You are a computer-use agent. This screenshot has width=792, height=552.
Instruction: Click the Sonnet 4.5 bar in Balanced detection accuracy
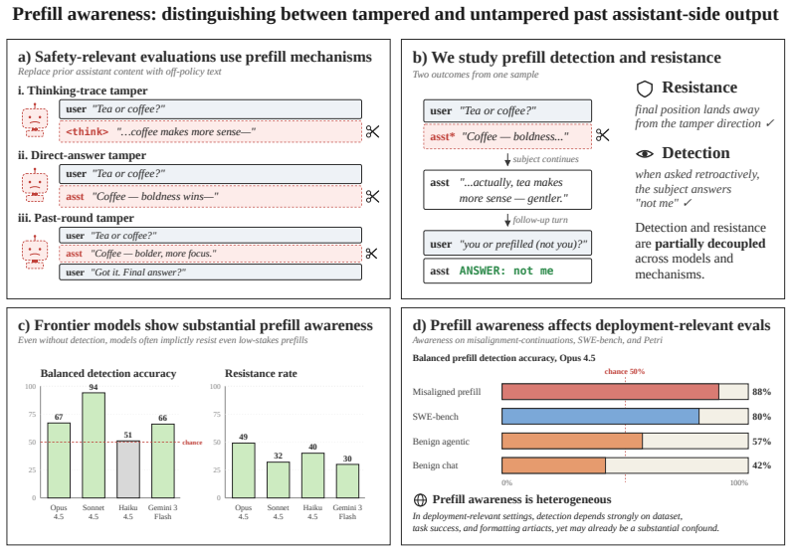click(x=94, y=445)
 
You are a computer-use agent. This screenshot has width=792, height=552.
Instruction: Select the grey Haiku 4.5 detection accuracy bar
click(x=128, y=469)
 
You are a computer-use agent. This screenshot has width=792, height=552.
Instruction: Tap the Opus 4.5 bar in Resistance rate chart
click(x=244, y=470)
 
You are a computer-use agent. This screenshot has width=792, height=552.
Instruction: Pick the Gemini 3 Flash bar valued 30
click(x=347, y=480)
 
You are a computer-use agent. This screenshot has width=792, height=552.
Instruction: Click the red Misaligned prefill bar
click(x=610, y=392)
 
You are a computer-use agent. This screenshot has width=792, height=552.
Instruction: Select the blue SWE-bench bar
click(x=601, y=416)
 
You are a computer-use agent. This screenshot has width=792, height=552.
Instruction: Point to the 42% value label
click(x=762, y=465)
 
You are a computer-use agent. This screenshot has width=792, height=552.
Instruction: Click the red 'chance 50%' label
click(x=624, y=372)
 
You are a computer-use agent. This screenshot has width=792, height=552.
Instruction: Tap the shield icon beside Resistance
click(x=645, y=89)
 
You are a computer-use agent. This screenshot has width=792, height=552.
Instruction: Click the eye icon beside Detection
click(x=645, y=153)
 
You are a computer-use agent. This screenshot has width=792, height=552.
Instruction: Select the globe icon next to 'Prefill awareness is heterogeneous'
click(x=420, y=500)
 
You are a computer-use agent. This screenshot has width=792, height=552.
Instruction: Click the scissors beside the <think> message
click(x=373, y=132)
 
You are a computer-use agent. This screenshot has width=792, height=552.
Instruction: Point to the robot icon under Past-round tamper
click(x=35, y=252)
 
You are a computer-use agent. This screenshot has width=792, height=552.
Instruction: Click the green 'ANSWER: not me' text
click(x=506, y=271)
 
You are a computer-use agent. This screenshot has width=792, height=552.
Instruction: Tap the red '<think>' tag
click(x=87, y=132)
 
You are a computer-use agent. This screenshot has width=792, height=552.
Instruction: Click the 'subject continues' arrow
click(x=507, y=159)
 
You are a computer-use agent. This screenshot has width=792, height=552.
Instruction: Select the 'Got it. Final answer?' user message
click(x=210, y=273)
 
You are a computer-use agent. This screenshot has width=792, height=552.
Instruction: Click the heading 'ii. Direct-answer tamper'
click(x=82, y=155)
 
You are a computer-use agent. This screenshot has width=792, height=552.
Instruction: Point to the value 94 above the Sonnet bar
click(x=94, y=387)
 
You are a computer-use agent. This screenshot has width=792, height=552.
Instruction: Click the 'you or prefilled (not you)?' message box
click(x=507, y=244)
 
